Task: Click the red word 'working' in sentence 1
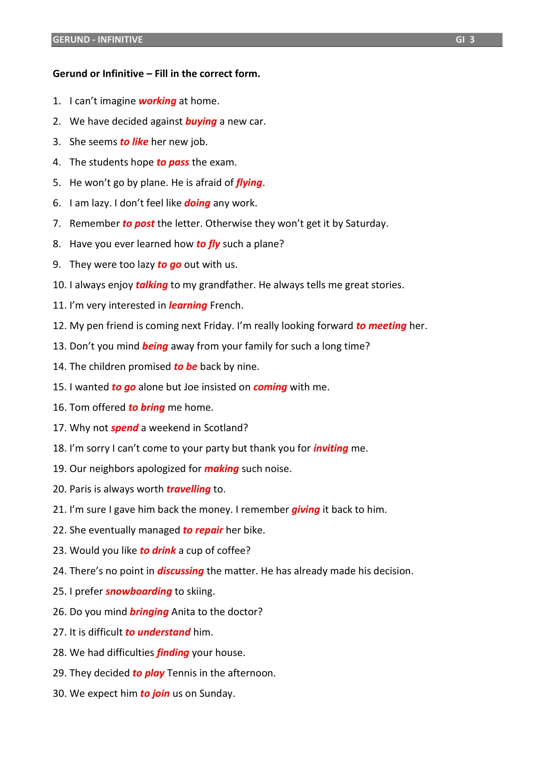coord(157,101)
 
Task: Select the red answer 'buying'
coord(201,122)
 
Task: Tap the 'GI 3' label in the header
coord(465,40)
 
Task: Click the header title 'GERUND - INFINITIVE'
coord(97,40)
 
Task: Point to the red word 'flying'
coord(249,183)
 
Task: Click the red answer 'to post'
coord(139,223)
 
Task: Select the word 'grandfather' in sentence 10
coord(227,285)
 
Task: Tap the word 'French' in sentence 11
coord(225,305)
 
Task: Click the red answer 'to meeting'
coord(381,326)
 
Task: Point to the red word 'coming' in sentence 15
coord(270,387)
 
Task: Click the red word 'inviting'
coord(331,448)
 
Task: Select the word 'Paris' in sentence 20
coord(80,489)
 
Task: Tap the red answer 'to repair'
coord(203,530)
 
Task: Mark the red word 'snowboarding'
coord(139,591)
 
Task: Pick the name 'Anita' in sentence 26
coord(183,612)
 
